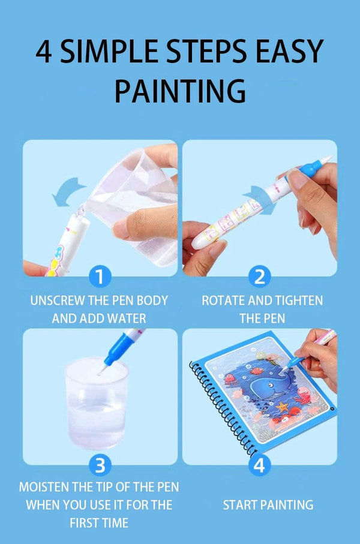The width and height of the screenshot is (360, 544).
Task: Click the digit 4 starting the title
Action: click(43, 52)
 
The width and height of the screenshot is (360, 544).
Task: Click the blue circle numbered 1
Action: click(100, 276)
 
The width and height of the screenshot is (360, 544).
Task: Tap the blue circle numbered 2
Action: click(260, 276)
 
